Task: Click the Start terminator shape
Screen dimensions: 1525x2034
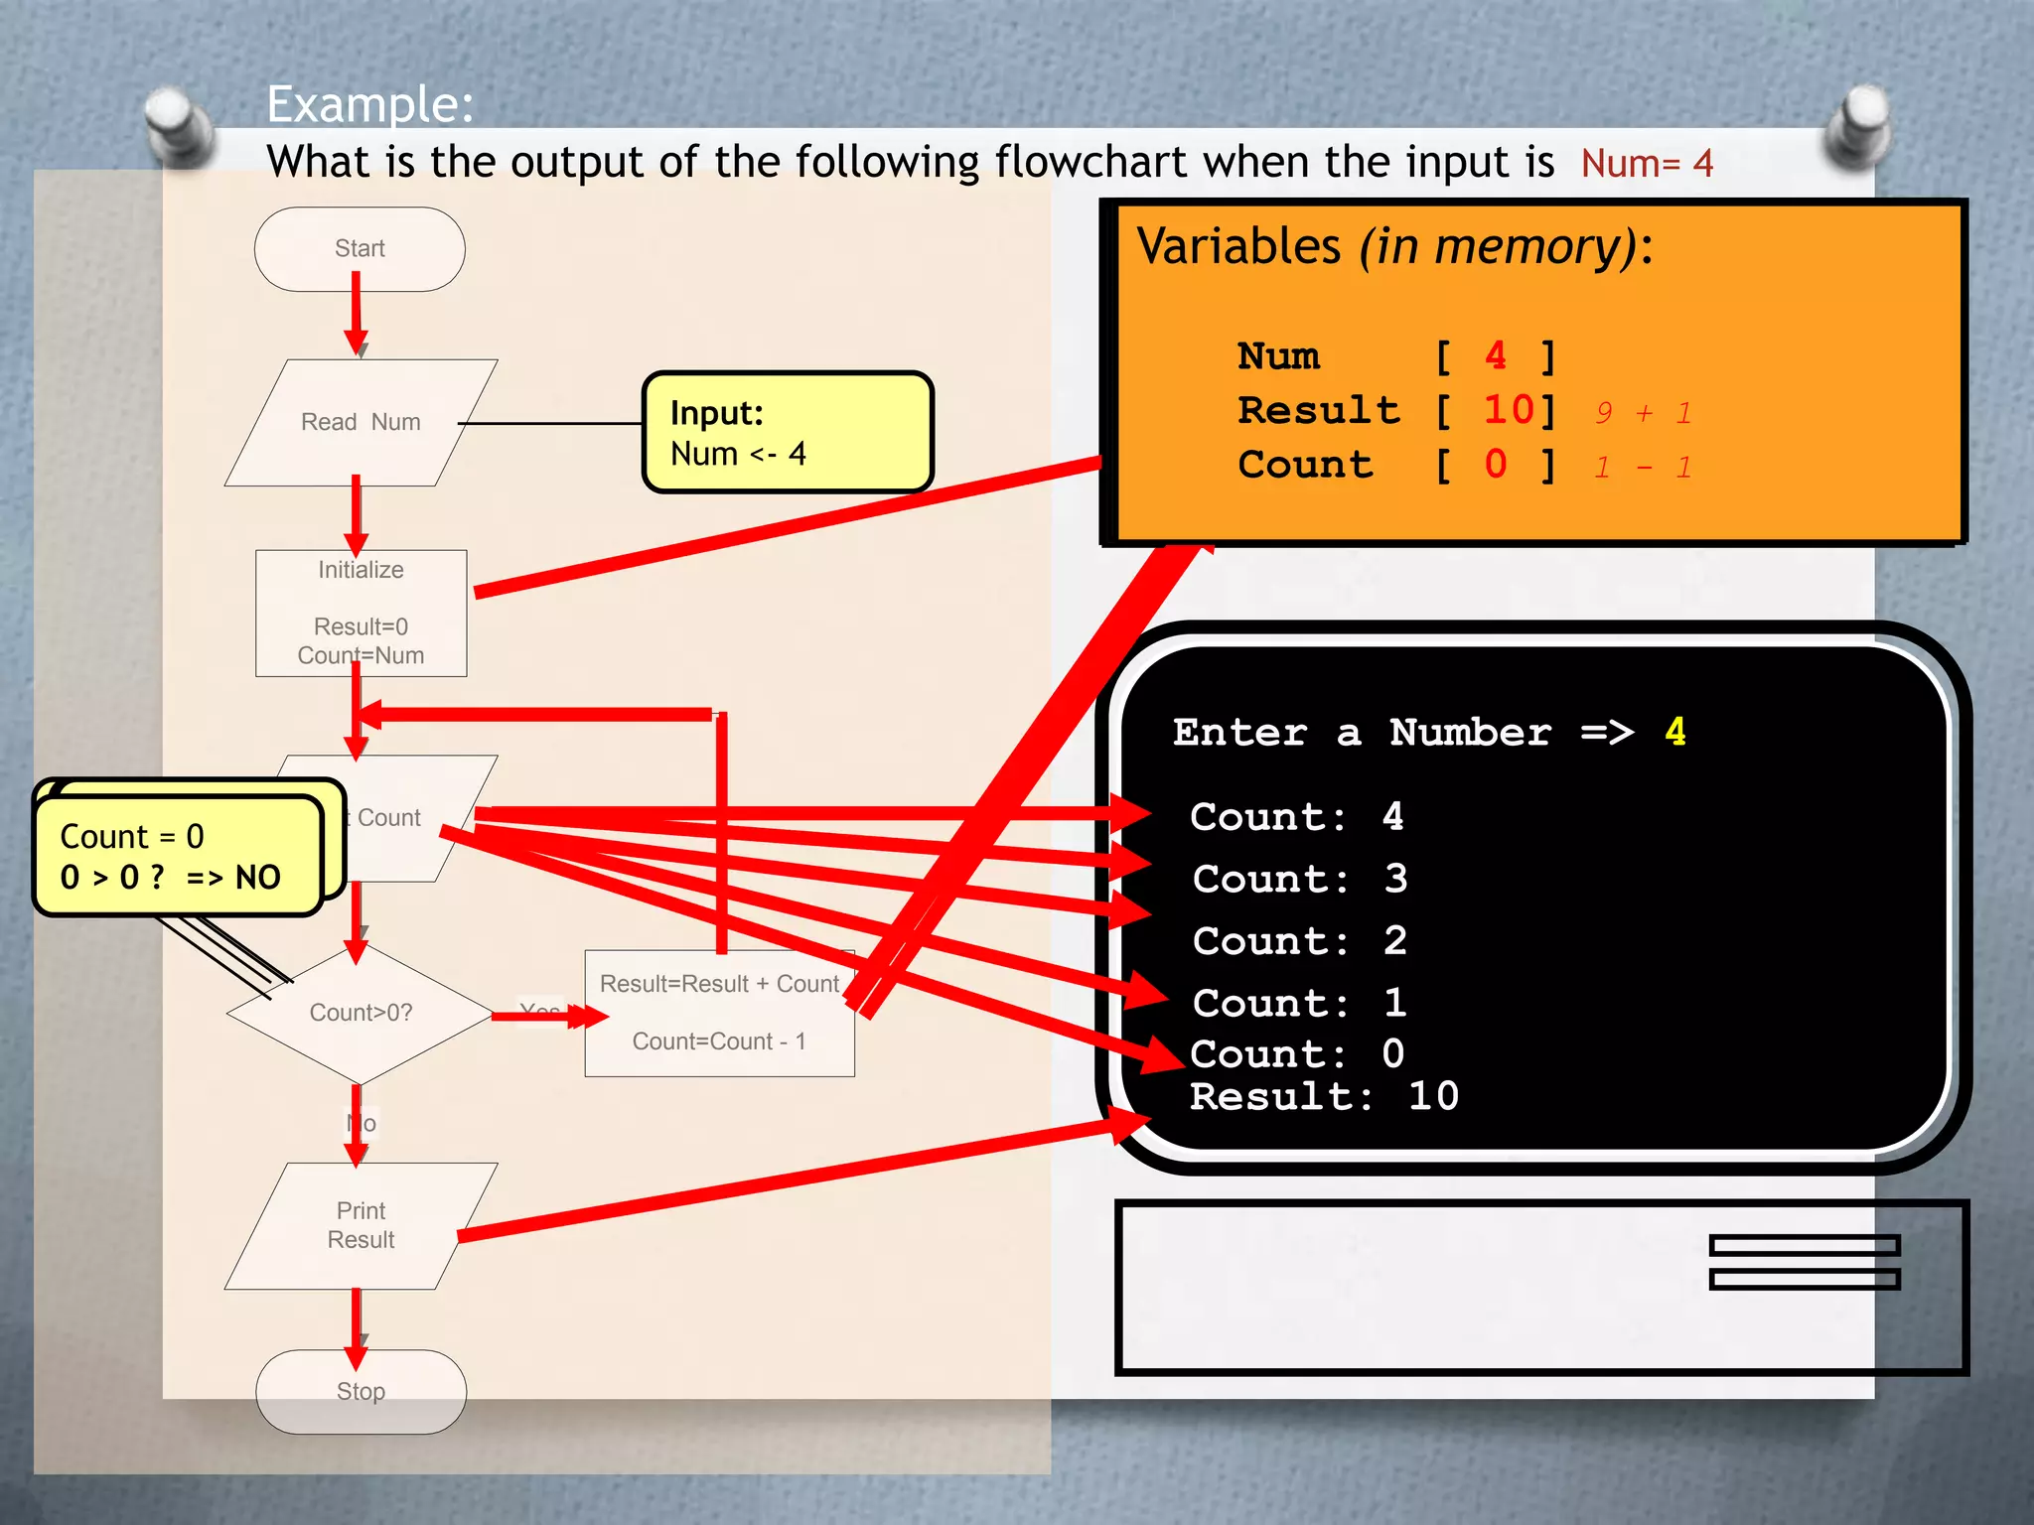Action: (x=360, y=249)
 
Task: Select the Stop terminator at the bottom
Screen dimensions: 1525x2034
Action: (x=361, y=1391)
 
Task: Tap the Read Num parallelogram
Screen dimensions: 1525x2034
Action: (x=361, y=423)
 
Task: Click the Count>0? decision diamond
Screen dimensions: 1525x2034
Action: (x=361, y=1014)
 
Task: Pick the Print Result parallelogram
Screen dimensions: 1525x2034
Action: (x=361, y=1226)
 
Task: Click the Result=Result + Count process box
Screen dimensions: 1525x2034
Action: (x=719, y=1014)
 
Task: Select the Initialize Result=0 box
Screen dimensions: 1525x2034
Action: (x=361, y=613)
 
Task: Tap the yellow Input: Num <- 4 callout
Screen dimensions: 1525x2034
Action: (x=787, y=433)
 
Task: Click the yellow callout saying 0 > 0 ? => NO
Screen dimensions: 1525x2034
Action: (x=177, y=857)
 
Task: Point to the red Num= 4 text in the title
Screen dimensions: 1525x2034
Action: (x=1647, y=164)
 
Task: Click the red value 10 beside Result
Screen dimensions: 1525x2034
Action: (x=1509, y=410)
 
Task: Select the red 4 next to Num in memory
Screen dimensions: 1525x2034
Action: (x=1496, y=355)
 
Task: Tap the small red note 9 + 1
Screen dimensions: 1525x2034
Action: (x=1644, y=413)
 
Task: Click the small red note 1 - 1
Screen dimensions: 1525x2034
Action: (x=1644, y=467)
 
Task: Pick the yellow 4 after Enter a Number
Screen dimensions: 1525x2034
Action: (x=1675, y=732)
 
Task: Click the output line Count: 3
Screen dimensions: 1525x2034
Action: (x=1299, y=880)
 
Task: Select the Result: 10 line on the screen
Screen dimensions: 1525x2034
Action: (x=1324, y=1097)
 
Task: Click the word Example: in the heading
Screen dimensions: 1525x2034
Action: (x=370, y=104)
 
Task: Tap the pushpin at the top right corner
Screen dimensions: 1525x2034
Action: (x=1860, y=126)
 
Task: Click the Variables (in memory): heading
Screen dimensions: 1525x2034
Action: (x=1394, y=246)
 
